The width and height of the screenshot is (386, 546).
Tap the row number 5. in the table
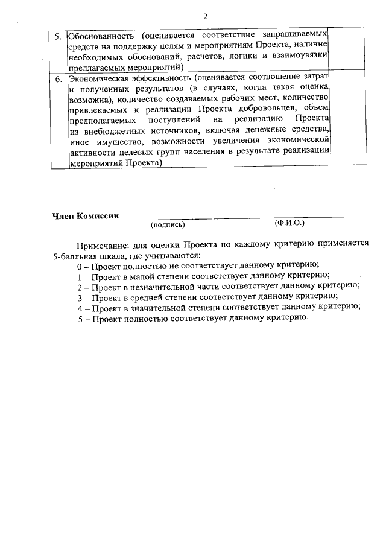click(x=59, y=36)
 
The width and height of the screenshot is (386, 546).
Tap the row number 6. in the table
click(x=59, y=78)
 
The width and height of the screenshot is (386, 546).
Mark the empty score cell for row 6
click(x=347, y=121)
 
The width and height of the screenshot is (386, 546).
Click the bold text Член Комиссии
click(x=85, y=215)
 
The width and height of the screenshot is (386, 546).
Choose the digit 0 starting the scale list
click(x=79, y=266)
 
